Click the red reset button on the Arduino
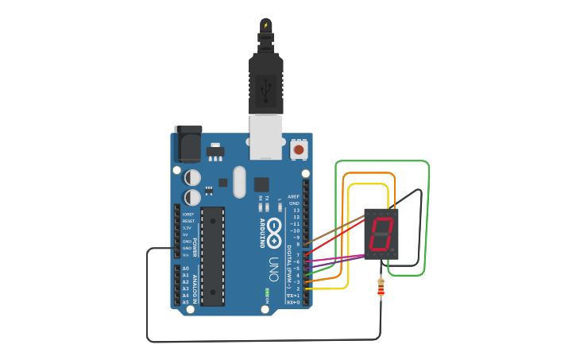tap(299, 149)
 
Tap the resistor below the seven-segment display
tap(381, 288)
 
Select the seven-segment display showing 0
tap(381, 234)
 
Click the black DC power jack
tap(187, 145)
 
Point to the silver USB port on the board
tap(265, 134)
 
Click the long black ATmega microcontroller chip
tap(212, 255)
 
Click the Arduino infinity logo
tap(274, 230)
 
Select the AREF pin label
tap(294, 196)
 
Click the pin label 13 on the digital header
tap(296, 210)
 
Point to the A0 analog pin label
tap(186, 269)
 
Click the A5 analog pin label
tap(186, 302)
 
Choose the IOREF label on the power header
tap(188, 214)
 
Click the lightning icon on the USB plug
tap(265, 25)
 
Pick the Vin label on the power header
tap(186, 255)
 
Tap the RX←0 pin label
tap(292, 302)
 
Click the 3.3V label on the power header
tap(187, 227)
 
